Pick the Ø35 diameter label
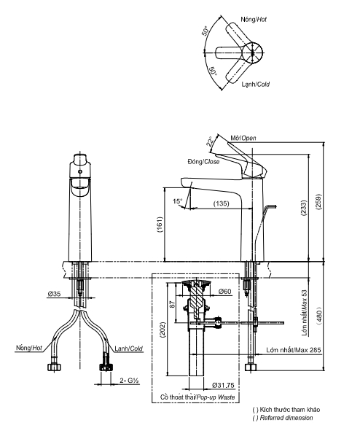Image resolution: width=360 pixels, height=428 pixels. click(54, 293)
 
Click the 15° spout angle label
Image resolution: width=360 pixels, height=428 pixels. click(177, 201)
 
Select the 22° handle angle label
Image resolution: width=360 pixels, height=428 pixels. click(209, 142)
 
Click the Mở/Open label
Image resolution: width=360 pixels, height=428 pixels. click(243, 138)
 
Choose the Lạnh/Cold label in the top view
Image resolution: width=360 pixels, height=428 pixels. click(255, 84)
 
